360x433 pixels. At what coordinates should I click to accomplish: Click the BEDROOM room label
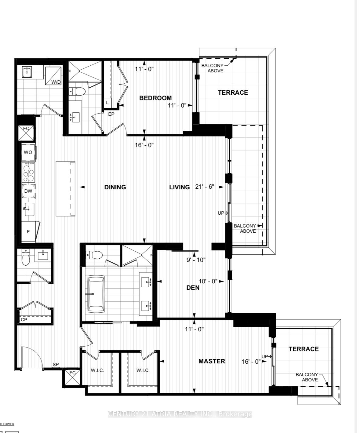155,98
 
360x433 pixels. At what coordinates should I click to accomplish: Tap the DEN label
193,288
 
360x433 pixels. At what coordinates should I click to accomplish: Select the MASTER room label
212,361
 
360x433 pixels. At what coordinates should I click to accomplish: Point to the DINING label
115,187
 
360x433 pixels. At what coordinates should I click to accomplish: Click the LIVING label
179,187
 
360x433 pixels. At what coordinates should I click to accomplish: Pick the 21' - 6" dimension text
205,187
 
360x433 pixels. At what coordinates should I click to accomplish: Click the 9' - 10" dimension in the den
196,260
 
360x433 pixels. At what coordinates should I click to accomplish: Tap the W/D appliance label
56,82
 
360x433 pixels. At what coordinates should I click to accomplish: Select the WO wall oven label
28,152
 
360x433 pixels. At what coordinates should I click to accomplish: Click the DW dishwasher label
28,191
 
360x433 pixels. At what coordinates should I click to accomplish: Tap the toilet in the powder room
26,258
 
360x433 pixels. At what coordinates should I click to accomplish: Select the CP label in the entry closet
24,320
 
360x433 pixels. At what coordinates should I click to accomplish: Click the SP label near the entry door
56,364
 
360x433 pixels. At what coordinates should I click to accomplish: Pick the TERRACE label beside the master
304,349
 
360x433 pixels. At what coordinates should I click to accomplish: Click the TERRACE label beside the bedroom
233,93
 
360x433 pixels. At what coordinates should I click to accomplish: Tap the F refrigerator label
28,232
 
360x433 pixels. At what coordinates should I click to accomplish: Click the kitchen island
65,189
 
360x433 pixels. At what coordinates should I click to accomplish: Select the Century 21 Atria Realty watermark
180,414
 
